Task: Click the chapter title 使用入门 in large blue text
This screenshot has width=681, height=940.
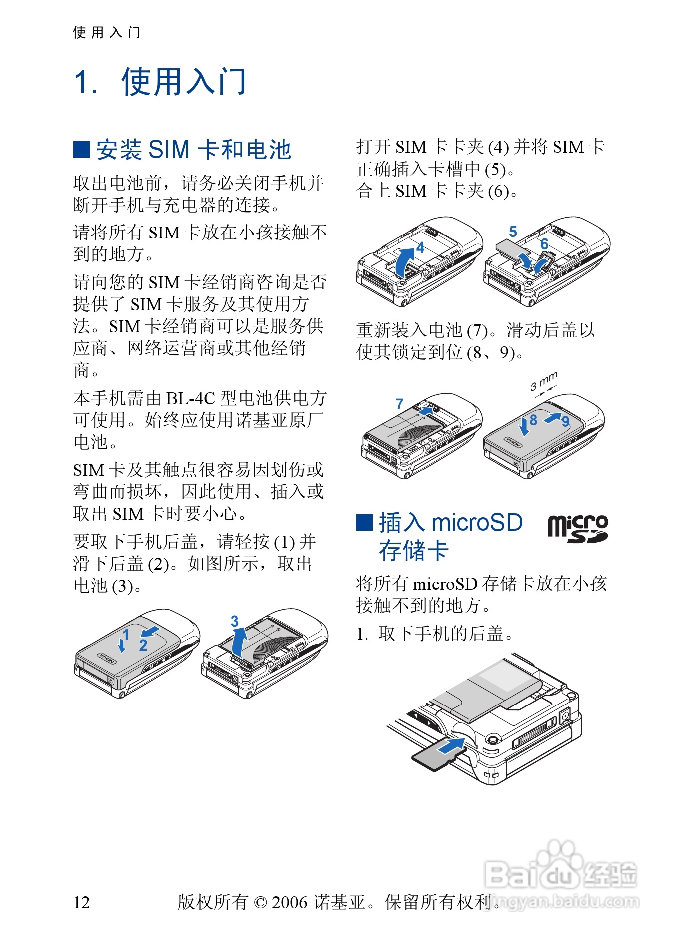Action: coord(183,82)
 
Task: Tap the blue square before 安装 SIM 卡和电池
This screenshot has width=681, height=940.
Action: coord(81,149)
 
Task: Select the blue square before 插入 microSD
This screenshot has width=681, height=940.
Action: coord(364,522)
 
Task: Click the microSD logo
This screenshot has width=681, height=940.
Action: coord(577,529)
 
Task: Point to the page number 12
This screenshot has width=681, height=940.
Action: coord(81,902)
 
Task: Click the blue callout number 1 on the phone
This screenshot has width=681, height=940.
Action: coord(126,634)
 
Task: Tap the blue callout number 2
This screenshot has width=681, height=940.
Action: coord(143,645)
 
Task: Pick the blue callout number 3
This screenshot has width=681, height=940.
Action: coord(234,621)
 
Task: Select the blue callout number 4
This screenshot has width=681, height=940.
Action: coord(420,247)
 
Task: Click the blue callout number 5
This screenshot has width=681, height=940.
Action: coord(513,232)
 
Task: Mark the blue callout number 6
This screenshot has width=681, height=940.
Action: coord(544,244)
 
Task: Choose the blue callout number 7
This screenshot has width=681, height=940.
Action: coord(399,404)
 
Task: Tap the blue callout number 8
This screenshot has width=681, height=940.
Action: coord(533,420)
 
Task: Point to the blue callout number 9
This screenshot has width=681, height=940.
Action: coord(565,421)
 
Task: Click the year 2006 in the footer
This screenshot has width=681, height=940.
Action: coord(289,902)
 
